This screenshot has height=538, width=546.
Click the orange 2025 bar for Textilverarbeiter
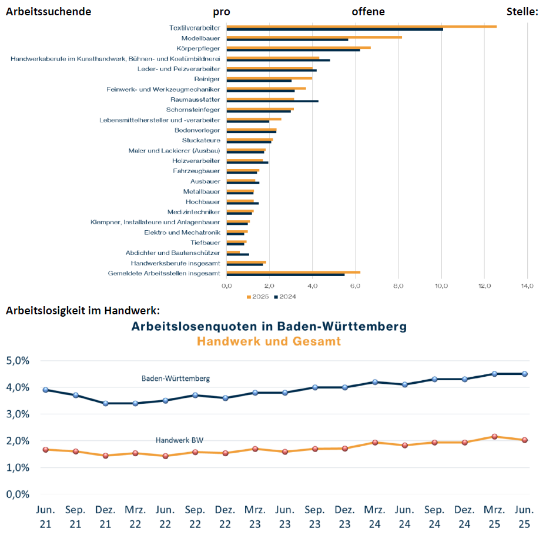[x=361, y=26]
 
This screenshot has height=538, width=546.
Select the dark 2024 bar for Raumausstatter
[x=272, y=101]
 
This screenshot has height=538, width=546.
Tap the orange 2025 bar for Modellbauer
[x=314, y=37]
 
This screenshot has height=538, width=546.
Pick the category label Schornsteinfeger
[x=193, y=109]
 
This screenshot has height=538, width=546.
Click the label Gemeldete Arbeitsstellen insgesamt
[x=164, y=273]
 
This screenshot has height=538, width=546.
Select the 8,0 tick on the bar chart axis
[x=398, y=286]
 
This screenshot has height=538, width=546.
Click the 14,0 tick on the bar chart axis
[x=527, y=286]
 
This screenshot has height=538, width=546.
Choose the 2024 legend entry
[x=285, y=297]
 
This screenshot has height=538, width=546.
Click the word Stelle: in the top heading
[x=522, y=12]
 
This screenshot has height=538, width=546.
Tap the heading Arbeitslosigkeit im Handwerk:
[x=83, y=311]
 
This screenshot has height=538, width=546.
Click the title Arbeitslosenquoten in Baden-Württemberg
[x=269, y=326]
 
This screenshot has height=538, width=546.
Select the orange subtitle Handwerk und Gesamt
[x=269, y=341]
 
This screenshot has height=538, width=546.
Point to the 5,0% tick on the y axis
[x=18, y=360]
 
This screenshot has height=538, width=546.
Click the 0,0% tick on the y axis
[x=18, y=494]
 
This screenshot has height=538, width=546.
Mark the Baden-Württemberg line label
[x=176, y=378]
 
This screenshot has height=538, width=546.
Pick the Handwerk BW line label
[x=179, y=440]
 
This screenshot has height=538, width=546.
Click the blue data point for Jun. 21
[x=45, y=390]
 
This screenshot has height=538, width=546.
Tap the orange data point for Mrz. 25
[x=495, y=437]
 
